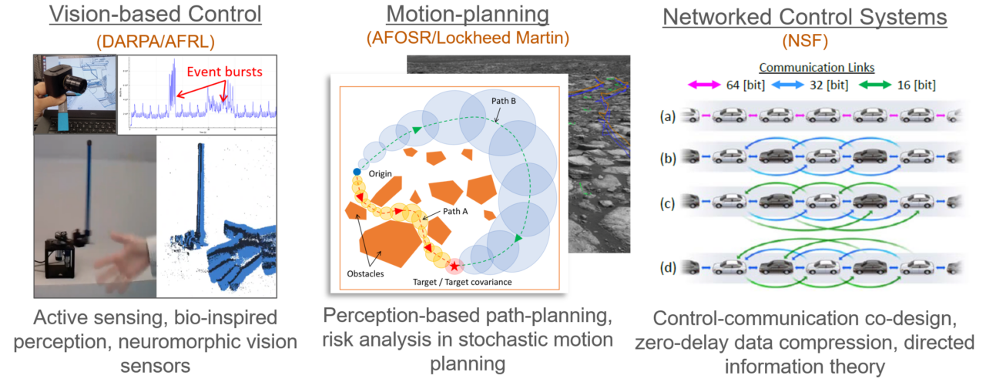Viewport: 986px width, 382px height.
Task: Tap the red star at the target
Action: click(454, 266)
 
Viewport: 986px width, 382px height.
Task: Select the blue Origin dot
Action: click(356, 172)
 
